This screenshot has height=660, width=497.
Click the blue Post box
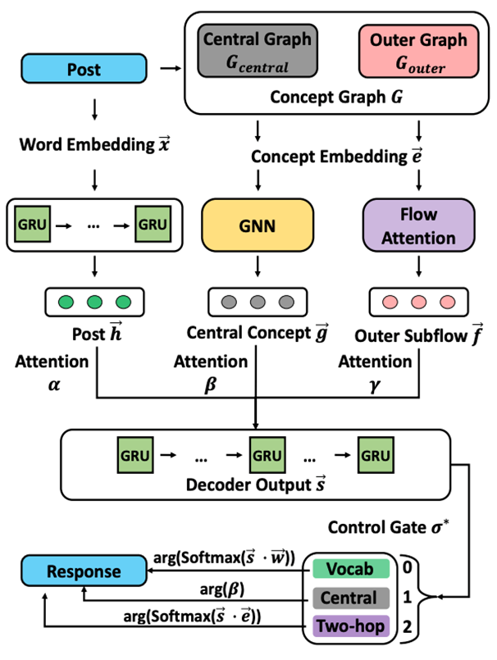coord(84,68)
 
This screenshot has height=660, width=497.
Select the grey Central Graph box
coord(258,51)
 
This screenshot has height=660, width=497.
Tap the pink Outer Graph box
coord(418,51)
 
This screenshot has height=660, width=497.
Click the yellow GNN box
coord(258,225)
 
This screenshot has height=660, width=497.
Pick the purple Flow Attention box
coord(418,225)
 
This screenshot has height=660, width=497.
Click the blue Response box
coord(84,571)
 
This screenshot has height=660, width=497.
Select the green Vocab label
coord(351,569)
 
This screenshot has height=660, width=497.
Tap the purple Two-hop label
coord(351,626)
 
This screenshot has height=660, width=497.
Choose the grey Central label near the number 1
coord(351,598)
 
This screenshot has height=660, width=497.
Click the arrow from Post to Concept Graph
coord(171,68)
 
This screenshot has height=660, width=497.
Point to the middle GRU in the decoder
coord(267,455)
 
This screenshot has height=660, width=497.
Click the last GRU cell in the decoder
coord(376,455)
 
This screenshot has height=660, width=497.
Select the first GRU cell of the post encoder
coord(33,224)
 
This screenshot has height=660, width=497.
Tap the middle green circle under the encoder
coord(94,302)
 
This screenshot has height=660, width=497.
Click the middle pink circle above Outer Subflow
coord(418,302)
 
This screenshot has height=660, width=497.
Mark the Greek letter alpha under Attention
coord(54,385)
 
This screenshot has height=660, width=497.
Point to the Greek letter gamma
coord(375,385)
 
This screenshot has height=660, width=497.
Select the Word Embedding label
coord(87,144)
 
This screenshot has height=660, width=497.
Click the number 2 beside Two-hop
coord(407,626)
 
